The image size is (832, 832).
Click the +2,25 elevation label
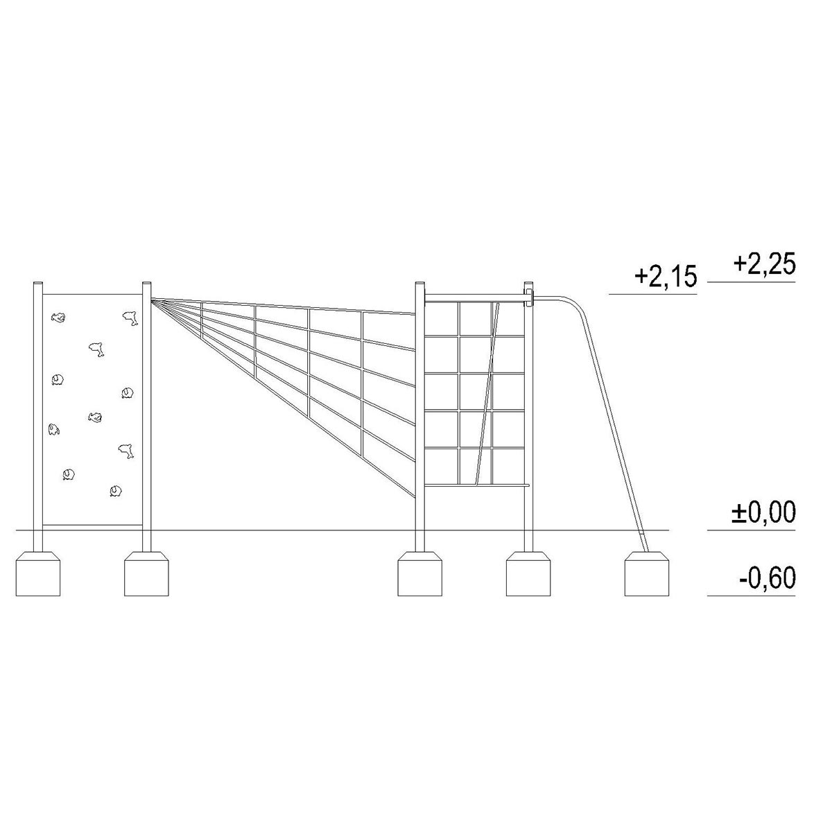click(764, 265)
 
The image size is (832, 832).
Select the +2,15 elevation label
click(666, 277)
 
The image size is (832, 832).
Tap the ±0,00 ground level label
click(763, 512)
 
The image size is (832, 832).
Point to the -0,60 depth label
click(767, 578)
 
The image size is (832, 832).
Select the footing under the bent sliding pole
click(647, 574)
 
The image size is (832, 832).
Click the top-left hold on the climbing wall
click(58, 318)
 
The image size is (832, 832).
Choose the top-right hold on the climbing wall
click(130, 318)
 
